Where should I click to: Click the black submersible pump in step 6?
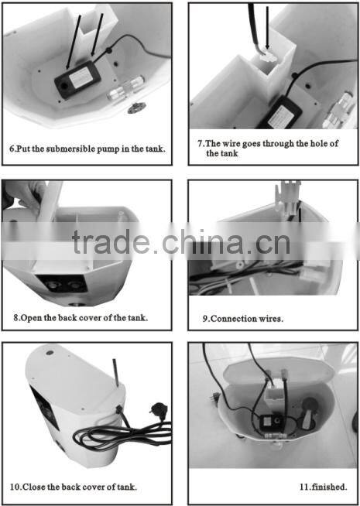[x=77, y=80]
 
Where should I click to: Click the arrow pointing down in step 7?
[x=267, y=29]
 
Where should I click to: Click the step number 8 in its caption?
[x=15, y=318]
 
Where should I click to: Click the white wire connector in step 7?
[x=266, y=57]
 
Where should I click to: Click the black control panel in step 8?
[x=62, y=283]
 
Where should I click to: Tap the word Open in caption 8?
[x=31, y=318]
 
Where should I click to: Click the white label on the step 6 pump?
[x=79, y=78]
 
